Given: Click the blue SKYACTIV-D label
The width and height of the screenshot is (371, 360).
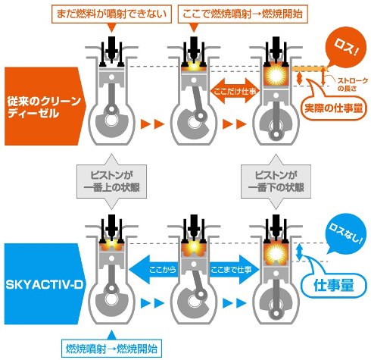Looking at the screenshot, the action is click(x=44, y=284).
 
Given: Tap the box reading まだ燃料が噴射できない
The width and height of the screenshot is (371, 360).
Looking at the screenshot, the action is click(x=111, y=14).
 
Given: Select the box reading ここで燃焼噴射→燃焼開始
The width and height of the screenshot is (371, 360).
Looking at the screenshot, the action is click(x=243, y=14).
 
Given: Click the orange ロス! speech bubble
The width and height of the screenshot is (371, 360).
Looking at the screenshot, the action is click(x=346, y=50).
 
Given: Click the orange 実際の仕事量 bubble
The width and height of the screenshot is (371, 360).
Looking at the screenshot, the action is click(x=334, y=108).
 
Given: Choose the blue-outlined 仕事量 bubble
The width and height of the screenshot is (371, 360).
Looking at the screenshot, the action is click(x=334, y=285).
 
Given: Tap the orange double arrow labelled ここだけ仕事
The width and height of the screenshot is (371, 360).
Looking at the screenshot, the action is click(x=235, y=91).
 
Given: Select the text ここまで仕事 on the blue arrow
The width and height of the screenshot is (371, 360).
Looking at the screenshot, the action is click(x=231, y=270).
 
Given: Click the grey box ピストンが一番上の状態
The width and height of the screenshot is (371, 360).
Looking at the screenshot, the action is click(x=111, y=181).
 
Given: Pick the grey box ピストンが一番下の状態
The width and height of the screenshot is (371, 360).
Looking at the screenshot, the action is click(x=276, y=181).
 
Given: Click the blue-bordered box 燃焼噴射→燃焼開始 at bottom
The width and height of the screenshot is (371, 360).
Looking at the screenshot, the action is click(x=111, y=349).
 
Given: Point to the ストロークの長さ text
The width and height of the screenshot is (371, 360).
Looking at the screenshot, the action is click(x=352, y=84).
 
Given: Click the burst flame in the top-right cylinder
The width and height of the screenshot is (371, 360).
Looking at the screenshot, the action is click(x=276, y=75).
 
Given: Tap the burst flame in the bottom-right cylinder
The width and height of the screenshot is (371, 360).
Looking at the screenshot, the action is click(x=276, y=252).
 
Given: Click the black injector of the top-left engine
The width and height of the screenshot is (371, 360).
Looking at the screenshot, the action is click(x=111, y=48).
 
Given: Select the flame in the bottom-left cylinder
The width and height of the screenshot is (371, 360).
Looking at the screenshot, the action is click(x=111, y=245).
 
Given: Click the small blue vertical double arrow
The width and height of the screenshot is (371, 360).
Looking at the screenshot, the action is click(x=299, y=252).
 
